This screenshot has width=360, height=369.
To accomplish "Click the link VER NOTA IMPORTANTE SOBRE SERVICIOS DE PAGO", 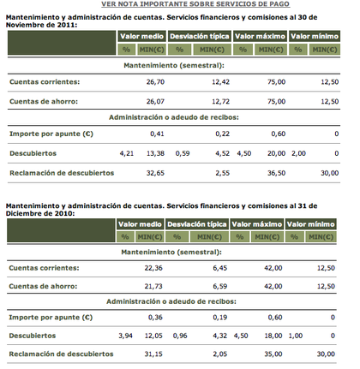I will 179,5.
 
